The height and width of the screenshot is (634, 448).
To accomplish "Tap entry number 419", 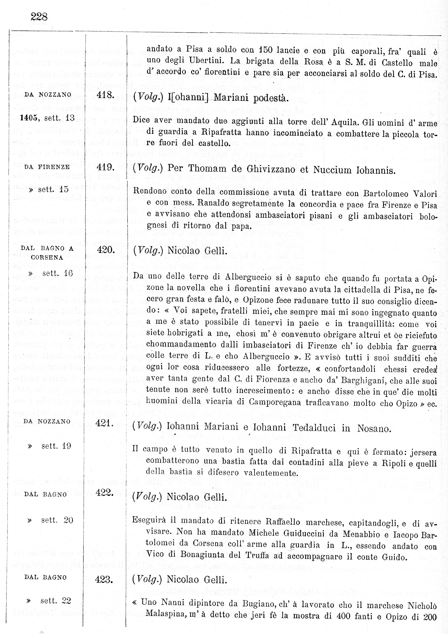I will click(x=105, y=167).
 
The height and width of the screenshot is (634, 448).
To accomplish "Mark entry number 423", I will click(x=104, y=579).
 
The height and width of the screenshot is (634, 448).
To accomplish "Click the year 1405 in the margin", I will click(x=29, y=118).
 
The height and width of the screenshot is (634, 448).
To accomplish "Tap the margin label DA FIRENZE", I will click(x=47, y=167).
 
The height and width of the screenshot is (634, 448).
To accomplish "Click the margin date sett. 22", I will click(x=55, y=601).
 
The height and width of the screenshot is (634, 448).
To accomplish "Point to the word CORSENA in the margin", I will click(x=47, y=257).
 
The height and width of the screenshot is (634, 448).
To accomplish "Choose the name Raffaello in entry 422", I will click(x=283, y=522).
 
